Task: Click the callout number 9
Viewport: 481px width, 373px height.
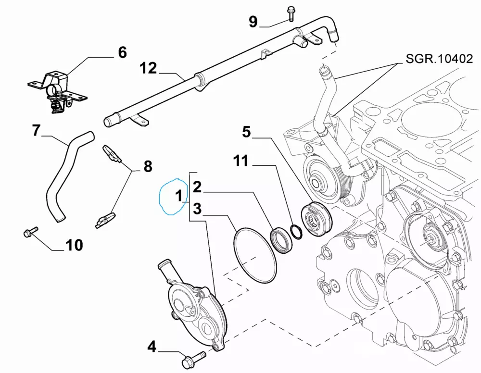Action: [253, 22]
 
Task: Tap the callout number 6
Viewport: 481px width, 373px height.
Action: [122, 52]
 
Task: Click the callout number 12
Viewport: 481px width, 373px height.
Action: [149, 68]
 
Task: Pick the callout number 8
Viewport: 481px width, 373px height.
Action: [148, 167]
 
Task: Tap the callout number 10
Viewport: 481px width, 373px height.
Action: [74, 245]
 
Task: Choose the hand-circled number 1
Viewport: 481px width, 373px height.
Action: [178, 196]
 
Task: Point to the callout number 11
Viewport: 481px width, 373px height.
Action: [241, 161]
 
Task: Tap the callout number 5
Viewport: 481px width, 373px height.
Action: [246, 131]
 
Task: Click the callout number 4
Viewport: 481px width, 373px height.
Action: [152, 346]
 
